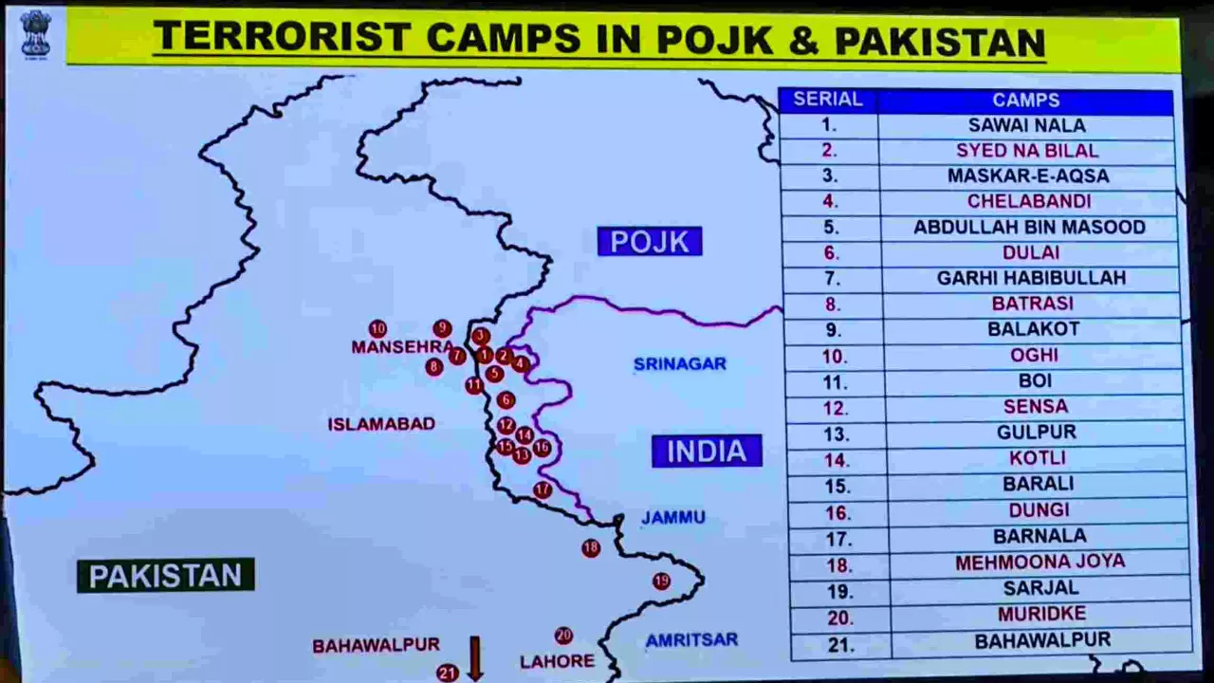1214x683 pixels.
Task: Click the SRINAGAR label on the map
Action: coord(679,364)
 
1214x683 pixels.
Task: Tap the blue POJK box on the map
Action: coord(650,241)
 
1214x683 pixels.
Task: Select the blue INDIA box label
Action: coord(707,451)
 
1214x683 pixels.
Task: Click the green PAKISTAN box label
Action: coord(165,575)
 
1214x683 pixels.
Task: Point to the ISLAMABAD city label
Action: coord(381,424)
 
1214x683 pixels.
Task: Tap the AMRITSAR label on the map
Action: coord(691,640)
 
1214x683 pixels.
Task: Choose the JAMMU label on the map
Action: coord(673,518)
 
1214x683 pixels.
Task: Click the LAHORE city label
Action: coord(557,661)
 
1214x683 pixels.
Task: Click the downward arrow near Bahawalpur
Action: coord(475,657)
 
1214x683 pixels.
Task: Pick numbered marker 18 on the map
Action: coord(591,547)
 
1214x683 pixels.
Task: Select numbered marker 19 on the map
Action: coord(661,581)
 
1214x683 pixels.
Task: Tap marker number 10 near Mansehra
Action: coord(377,329)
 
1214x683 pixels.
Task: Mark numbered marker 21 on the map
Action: coord(447,673)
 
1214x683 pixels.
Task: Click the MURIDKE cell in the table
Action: coord(1041,614)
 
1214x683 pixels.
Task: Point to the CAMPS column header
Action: coord(1026,100)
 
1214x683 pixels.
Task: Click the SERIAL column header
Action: coord(827,100)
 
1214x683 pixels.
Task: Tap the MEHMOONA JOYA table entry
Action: coord(1039,562)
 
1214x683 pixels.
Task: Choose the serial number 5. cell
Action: coord(831,228)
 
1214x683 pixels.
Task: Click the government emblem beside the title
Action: coord(36,34)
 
